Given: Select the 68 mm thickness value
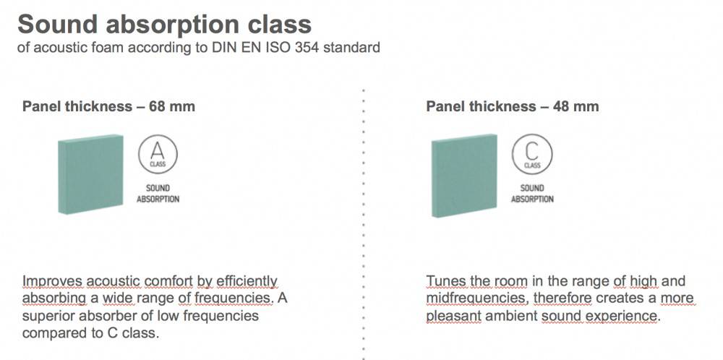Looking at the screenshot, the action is pos(172,106).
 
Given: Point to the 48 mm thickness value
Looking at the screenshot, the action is pos(576,106).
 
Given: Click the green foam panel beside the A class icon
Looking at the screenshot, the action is pos(91,174).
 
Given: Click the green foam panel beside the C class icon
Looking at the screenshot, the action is pos(465,176).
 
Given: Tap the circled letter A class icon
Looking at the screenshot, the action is pos(158,155).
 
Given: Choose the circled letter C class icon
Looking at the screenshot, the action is pos(532,155).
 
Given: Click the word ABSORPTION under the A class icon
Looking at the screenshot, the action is pos(158,199).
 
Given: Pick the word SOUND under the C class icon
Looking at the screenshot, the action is pos(532,188).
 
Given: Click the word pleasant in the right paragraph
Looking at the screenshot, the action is pos(454,316).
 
